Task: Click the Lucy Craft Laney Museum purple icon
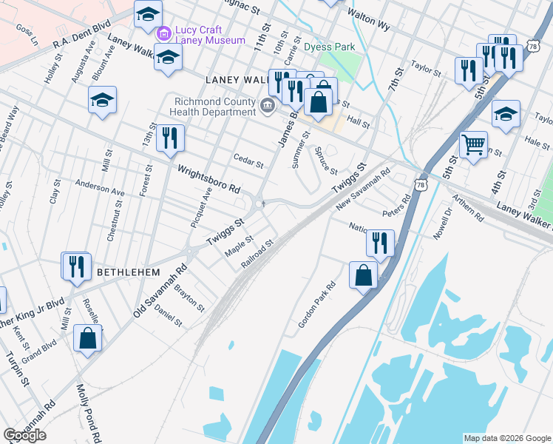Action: (163, 33)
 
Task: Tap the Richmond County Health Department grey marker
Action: (267, 106)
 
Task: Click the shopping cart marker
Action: (473, 144)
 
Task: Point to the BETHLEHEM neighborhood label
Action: (129, 272)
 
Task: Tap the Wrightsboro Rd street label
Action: (209, 178)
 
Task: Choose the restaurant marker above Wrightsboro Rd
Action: (170, 138)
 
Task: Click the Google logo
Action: (24, 435)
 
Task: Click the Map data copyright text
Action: (507, 438)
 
